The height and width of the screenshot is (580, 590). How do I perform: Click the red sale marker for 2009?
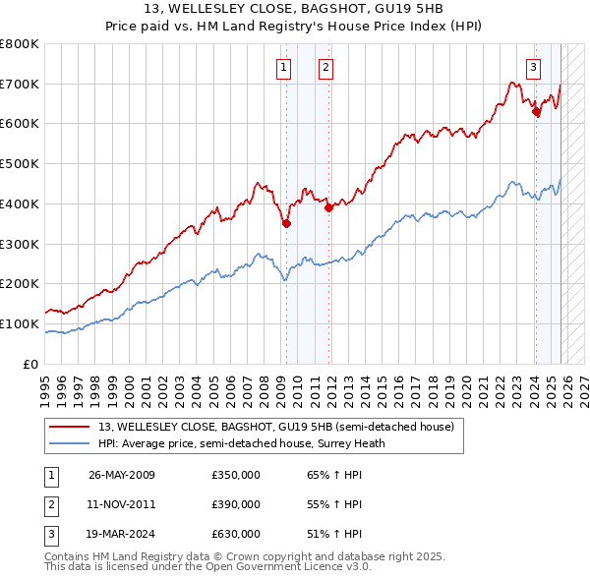click(286, 223)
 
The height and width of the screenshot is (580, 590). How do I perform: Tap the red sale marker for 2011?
click(328, 207)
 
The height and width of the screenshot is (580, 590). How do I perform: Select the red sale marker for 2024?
click(536, 112)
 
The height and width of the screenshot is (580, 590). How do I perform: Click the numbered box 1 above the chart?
click(284, 68)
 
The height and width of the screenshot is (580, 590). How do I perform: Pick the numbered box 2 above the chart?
click(325, 68)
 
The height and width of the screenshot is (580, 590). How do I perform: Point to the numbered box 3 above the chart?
click(533, 68)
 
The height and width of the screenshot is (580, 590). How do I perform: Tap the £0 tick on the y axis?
click(30, 364)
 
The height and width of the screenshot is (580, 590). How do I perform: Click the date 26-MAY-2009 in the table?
click(122, 476)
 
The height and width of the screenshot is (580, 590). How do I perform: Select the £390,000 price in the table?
click(236, 504)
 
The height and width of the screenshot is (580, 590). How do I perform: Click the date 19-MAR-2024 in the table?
click(122, 534)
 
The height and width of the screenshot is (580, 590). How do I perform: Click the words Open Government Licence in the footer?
click(265, 566)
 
